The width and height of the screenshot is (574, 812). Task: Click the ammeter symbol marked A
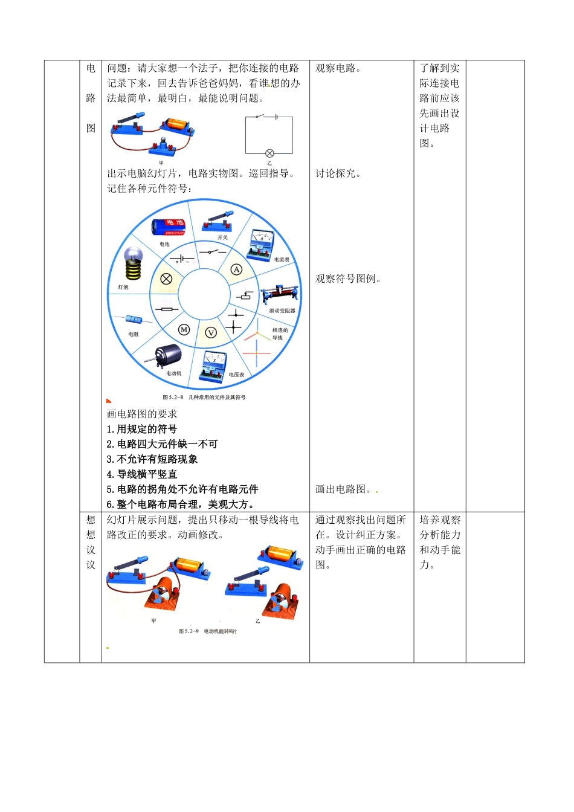point(236,269)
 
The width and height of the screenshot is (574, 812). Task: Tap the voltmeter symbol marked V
point(211,332)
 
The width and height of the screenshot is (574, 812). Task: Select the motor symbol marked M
point(184,329)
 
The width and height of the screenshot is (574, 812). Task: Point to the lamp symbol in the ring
point(166,279)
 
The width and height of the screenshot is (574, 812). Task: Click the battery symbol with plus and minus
point(182,260)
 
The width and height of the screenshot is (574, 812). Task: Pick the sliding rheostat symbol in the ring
point(243,296)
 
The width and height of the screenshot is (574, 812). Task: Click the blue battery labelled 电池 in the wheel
point(167,227)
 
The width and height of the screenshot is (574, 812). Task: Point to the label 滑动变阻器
point(282,311)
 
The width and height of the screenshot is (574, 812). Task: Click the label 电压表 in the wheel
point(236,375)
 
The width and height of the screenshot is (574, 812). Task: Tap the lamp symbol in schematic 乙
point(269,153)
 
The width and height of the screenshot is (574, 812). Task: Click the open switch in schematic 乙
point(260,117)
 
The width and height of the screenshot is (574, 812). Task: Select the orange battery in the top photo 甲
point(177,126)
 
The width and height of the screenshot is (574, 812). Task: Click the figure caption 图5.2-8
point(204,398)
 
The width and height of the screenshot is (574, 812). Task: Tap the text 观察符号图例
point(348,279)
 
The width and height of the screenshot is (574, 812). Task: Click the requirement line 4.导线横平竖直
point(142,474)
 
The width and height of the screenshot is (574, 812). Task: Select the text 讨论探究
point(338,173)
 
